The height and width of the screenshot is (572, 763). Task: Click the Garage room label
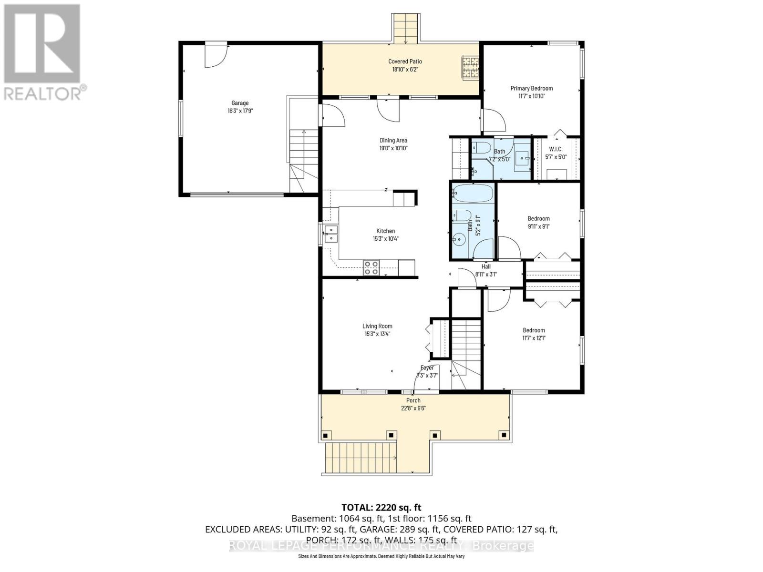point(240,103)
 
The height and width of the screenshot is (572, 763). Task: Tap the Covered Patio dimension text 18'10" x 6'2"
point(405,69)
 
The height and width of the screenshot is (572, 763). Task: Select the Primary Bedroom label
point(531,88)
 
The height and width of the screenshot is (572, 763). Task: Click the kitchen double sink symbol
point(330,234)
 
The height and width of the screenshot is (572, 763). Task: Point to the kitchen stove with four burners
point(371,268)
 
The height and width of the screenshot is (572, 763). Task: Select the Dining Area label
point(393,140)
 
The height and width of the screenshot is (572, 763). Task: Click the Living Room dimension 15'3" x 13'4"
point(377,334)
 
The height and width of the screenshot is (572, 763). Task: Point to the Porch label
point(413,400)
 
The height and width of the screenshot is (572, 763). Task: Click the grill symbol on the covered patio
point(470,67)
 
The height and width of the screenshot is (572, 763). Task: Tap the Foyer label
point(427,368)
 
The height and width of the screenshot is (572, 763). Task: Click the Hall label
point(486,266)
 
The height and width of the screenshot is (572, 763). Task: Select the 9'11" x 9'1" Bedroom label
point(538,219)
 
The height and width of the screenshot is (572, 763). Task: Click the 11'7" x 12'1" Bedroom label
point(534,330)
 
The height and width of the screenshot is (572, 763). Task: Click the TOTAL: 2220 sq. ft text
point(381,508)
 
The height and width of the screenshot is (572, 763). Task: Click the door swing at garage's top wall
point(216,54)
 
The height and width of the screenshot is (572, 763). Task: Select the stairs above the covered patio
point(406,28)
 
